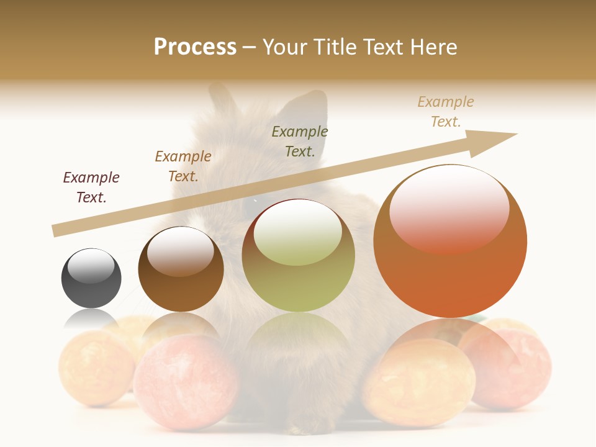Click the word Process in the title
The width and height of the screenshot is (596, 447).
195,47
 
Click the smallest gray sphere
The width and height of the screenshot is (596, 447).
91,278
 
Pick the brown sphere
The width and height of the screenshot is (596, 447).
181,269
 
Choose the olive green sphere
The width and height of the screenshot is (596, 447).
299,256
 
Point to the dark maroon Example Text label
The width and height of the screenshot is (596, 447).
91,187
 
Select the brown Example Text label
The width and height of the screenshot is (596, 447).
183,166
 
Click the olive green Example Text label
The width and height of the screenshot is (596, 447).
300,141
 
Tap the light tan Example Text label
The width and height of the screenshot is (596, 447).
446,112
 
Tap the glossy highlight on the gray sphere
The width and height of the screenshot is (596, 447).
91,266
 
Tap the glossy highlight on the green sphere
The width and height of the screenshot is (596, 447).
298,235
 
